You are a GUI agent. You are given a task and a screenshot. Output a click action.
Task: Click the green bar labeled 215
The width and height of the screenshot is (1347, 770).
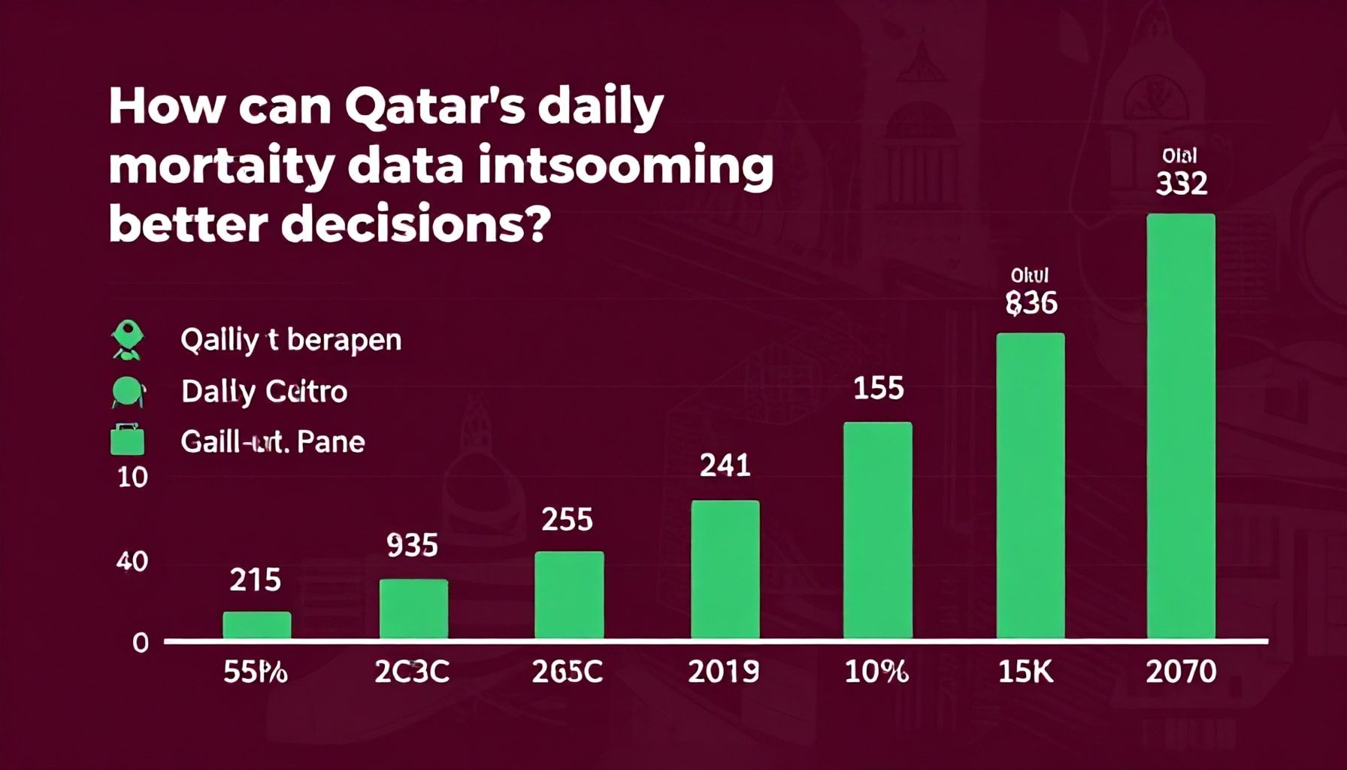pyautogui.click(x=256, y=625)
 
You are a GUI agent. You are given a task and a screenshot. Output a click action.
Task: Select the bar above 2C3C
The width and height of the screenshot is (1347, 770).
pyautogui.click(x=413, y=609)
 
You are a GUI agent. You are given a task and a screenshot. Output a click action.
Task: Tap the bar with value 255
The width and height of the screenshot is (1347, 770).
pyautogui.click(x=569, y=595)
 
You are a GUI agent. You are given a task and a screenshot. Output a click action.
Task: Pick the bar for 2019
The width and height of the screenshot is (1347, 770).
pyautogui.click(x=725, y=569)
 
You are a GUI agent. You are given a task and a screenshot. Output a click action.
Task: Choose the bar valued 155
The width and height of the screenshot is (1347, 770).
pyautogui.click(x=877, y=530)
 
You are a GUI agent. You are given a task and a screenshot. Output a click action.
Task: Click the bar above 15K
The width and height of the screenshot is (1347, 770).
pyautogui.click(x=1030, y=486)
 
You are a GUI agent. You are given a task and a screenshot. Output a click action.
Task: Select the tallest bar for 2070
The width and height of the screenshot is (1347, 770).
pyautogui.click(x=1180, y=426)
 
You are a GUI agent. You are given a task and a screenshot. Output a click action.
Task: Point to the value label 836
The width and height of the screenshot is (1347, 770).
pyautogui.click(x=1031, y=302)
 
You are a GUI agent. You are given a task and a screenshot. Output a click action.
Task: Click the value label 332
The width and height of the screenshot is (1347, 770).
pyautogui.click(x=1181, y=183)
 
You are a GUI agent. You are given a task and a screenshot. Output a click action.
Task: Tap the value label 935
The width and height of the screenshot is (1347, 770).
pyautogui.click(x=412, y=545)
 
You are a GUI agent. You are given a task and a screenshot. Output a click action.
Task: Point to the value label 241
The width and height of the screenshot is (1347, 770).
pyautogui.click(x=725, y=465)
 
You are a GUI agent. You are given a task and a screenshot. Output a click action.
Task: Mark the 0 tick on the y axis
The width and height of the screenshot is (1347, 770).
pyautogui.click(x=141, y=643)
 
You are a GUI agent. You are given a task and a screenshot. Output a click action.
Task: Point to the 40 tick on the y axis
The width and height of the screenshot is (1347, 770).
pyautogui.click(x=132, y=562)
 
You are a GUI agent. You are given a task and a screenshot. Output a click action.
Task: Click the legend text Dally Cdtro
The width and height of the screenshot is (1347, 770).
pyautogui.click(x=264, y=392)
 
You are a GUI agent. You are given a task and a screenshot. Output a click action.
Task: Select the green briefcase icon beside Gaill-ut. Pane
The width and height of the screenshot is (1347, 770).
pyautogui.click(x=127, y=440)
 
